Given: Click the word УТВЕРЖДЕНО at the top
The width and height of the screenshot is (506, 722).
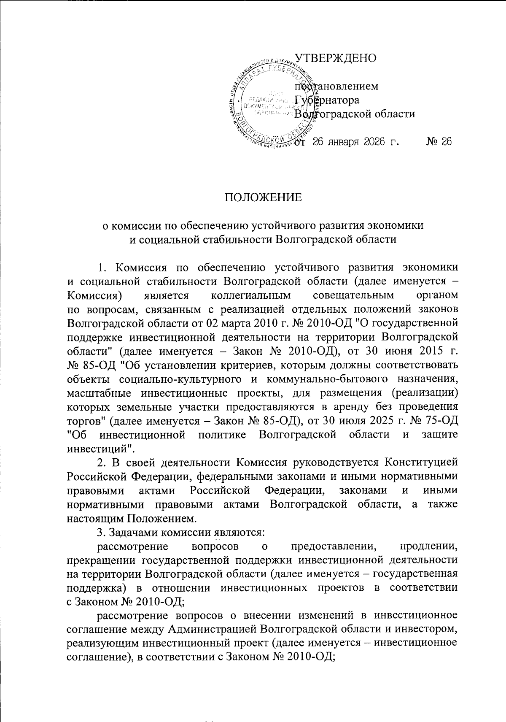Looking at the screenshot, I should coord(335,58).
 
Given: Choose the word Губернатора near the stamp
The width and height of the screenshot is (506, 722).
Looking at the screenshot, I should coord(327,100).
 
